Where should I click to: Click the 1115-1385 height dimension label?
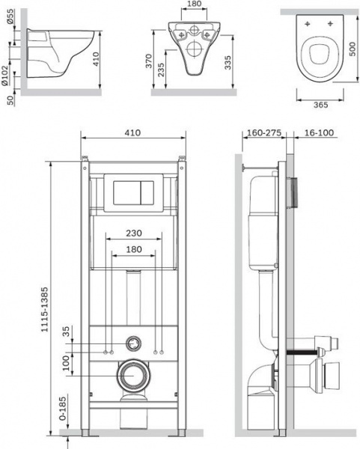(x=45, y=310)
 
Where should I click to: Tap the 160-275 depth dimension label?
(x=264, y=133)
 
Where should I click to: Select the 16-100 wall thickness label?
(x=319, y=132)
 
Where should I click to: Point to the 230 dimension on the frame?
(x=134, y=233)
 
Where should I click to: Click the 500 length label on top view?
(x=353, y=49)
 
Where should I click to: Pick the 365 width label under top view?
(x=320, y=105)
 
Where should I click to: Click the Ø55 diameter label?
(x=10, y=16)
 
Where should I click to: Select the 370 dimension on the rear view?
(x=149, y=61)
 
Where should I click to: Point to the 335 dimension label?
(x=228, y=62)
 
